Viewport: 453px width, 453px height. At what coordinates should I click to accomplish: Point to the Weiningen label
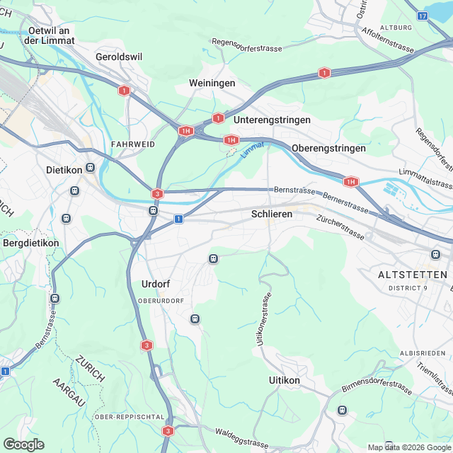(212, 84)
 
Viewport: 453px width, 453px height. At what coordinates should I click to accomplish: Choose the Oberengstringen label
(328, 148)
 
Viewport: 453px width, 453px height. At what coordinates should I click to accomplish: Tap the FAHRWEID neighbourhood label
(133, 144)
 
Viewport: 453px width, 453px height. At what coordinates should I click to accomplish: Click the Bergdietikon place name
(31, 243)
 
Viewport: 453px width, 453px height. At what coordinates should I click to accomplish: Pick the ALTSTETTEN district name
(413, 274)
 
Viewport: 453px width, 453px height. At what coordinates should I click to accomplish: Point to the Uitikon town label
(285, 380)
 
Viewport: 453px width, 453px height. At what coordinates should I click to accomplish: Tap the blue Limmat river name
(251, 148)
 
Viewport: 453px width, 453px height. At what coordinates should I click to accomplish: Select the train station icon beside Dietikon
(90, 169)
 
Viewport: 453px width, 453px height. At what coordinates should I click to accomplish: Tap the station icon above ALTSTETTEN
(435, 254)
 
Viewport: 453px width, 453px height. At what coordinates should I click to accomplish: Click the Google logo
(23, 444)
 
